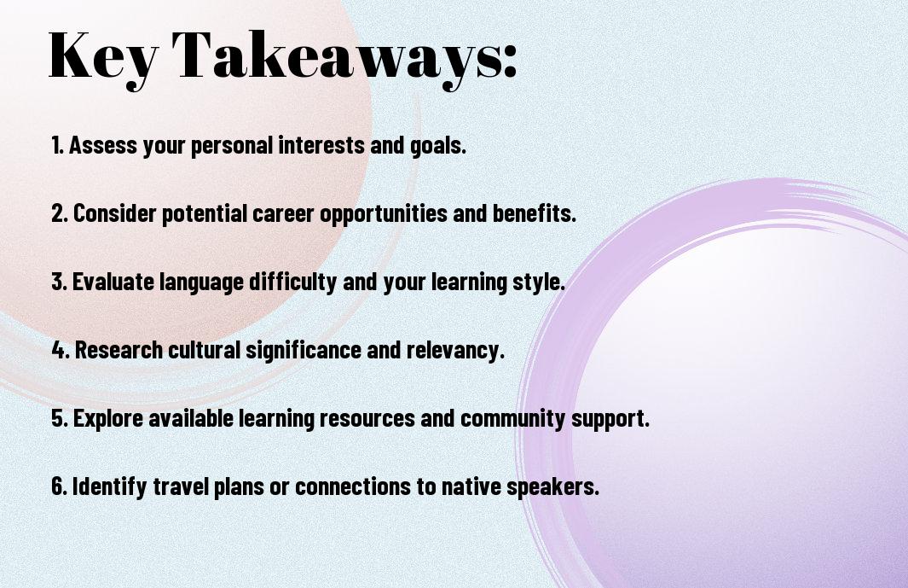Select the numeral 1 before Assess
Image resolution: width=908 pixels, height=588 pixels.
coord(55,145)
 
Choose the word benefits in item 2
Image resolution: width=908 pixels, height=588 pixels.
coord(534,212)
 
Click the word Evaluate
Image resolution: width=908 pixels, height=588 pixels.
coord(113,282)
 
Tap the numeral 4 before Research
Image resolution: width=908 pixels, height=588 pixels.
coord(59,350)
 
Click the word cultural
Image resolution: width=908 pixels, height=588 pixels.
coord(204,350)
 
